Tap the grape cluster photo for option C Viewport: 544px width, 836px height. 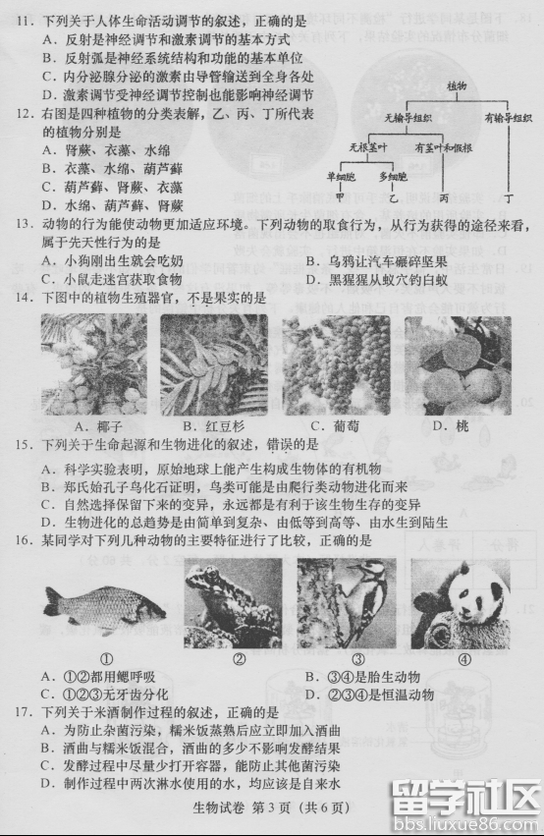pos(334,364)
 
